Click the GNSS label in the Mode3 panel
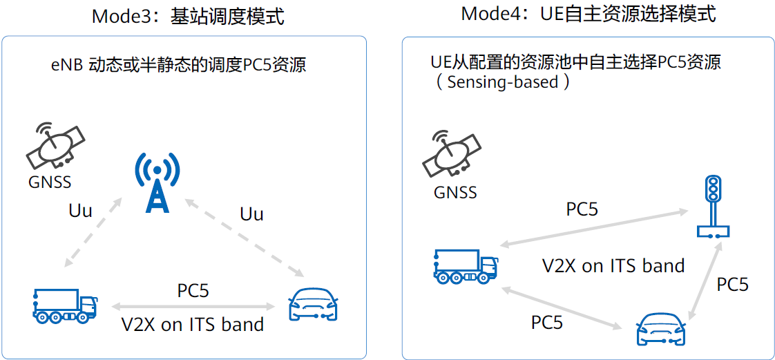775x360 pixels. click(x=50, y=182)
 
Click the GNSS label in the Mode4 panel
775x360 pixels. click(x=455, y=191)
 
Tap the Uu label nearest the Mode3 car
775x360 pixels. click(x=251, y=214)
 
